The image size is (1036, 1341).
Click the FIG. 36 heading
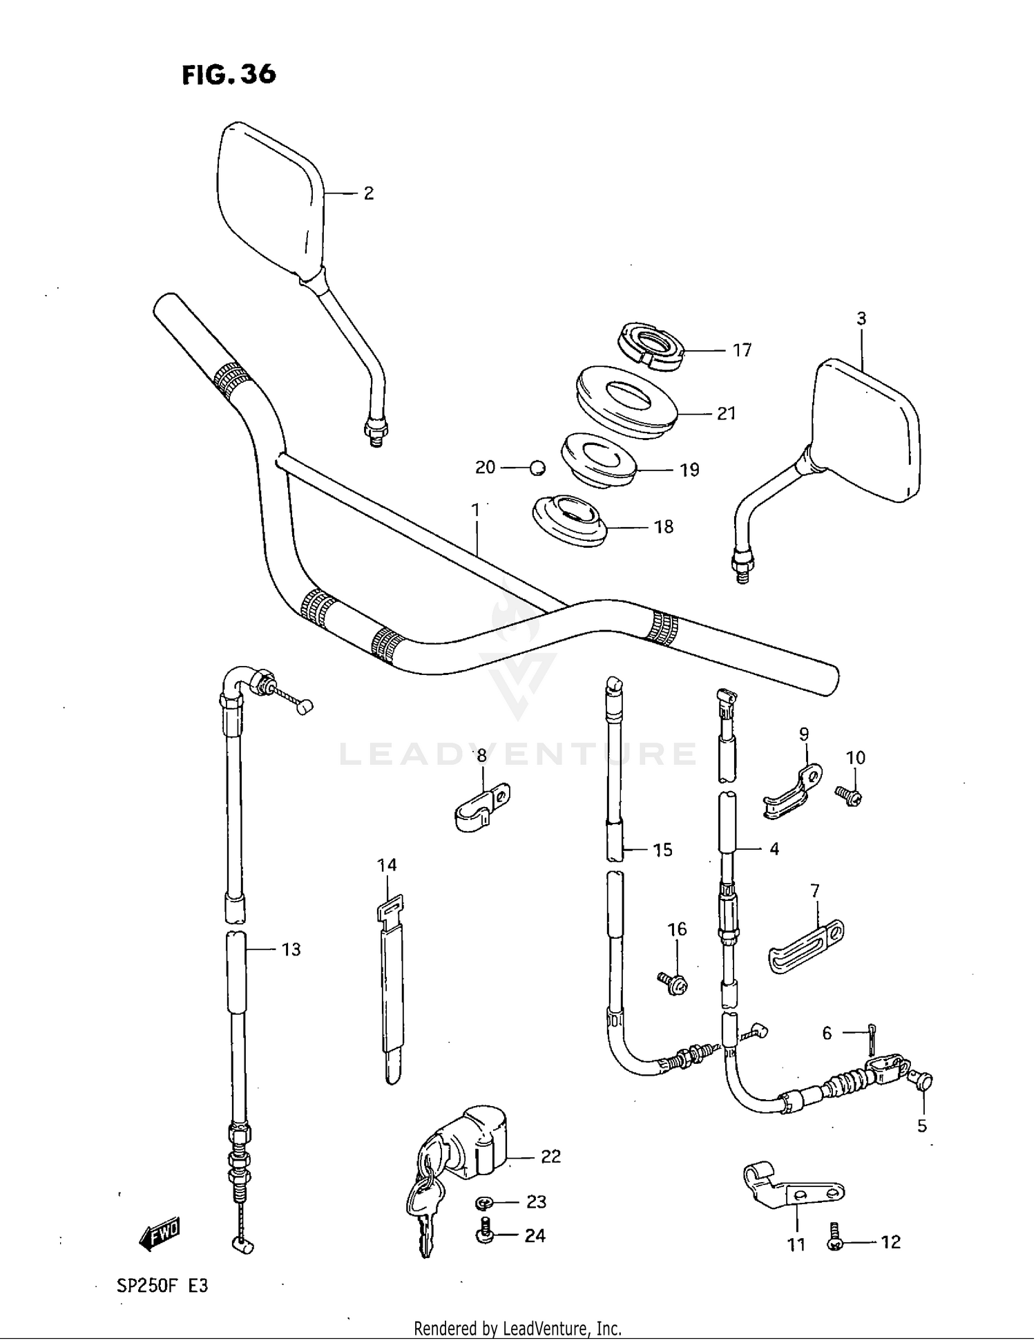(x=229, y=75)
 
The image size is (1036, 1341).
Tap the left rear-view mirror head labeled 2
(x=269, y=200)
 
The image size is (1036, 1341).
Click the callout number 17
(x=742, y=350)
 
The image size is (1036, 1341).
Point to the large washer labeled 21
(x=625, y=402)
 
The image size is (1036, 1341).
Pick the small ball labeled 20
(x=537, y=468)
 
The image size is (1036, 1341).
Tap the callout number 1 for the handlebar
(x=475, y=510)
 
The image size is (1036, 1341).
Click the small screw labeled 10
(x=848, y=797)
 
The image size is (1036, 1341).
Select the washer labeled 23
(x=483, y=1203)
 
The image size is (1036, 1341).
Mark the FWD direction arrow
(x=160, y=1233)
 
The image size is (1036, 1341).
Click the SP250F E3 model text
(x=162, y=1286)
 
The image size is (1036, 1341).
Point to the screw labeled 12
(x=835, y=1242)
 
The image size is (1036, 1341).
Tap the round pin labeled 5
(x=923, y=1081)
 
